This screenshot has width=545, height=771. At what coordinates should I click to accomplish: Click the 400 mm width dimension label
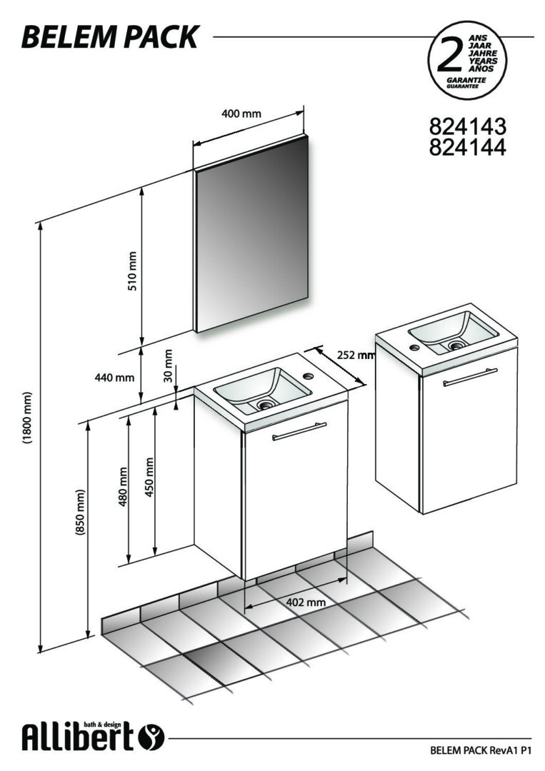click(241, 114)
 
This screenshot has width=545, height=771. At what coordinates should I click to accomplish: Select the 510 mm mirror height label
click(132, 271)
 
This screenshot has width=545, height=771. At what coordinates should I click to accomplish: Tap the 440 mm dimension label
click(114, 378)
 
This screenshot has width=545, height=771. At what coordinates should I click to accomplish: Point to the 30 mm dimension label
click(169, 366)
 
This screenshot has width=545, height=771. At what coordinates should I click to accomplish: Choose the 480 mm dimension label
click(123, 486)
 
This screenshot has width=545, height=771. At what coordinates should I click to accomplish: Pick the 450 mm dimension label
click(149, 477)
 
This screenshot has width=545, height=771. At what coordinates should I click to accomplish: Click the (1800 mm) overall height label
click(27, 418)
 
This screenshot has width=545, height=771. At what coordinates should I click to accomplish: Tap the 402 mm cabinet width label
click(306, 602)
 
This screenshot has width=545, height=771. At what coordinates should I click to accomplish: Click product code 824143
click(467, 126)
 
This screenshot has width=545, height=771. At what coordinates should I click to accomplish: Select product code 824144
click(467, 146)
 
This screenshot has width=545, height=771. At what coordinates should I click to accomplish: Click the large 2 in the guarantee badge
click(449, 56)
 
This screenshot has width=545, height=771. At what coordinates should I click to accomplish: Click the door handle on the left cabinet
click(299, 430)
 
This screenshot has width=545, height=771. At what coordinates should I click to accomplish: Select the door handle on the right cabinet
click(470, 377)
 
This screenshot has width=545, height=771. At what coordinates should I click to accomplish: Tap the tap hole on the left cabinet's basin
click(309, 377)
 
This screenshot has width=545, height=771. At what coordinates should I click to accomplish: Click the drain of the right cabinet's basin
click(456, 346)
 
